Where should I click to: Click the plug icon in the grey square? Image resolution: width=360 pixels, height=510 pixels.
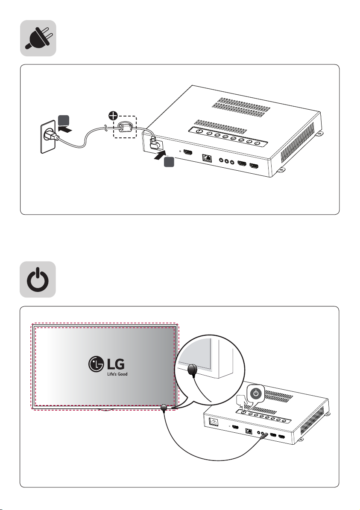pos(38,38)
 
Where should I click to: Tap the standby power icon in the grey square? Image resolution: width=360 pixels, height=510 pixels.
pos(38,280)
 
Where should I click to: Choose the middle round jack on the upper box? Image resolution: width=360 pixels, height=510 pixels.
pos(227,162)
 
